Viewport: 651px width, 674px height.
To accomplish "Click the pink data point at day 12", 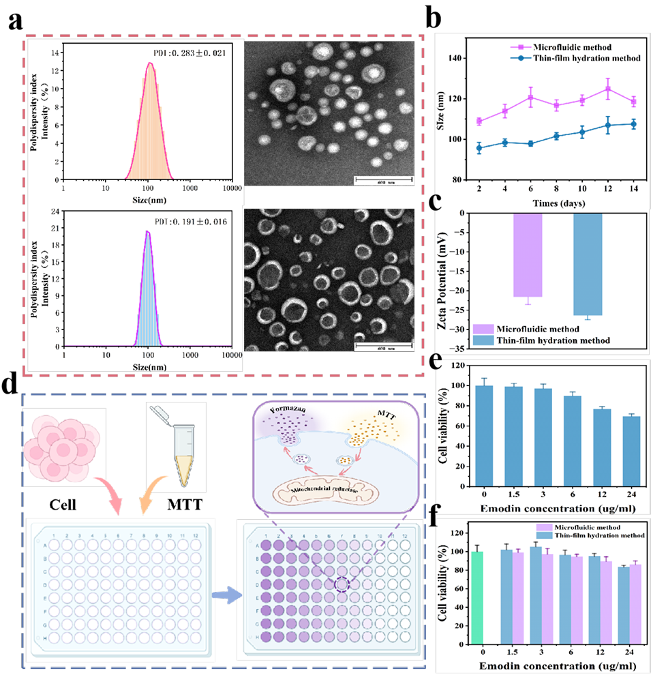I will [607, 89].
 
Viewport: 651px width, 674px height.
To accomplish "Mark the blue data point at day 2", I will [479, 148].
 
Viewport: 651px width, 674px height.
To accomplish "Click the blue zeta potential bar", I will [588, 264].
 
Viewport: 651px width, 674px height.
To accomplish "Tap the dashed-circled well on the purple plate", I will [341, 584].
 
